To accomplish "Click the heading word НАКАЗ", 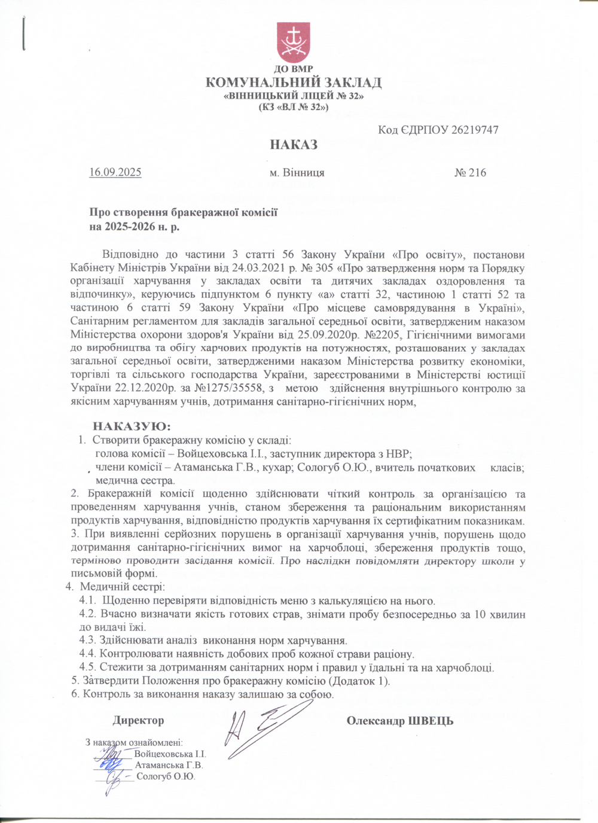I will pyautogui.click(x=293, y=145).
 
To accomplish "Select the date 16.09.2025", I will pyautogui.click(x=115, y=173).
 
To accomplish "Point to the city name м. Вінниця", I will pyautogui.click(x=297, y=173).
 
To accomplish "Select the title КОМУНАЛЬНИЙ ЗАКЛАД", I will pyautogui.click(x=293, y=83).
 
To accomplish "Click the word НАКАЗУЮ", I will pyautogui.click(x=132, y=426).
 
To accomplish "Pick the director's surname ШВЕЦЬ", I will pyautogui.click(x=430, y=721).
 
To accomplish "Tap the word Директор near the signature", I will pyautogui.click(x=138, y=721).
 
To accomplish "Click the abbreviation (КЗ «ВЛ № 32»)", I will pyautogui.click(x=293, y=107).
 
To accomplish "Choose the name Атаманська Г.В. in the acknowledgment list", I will pyautogui.click(x=169, y=765).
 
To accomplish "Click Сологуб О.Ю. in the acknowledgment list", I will pyautogui.click(x=166, y=777).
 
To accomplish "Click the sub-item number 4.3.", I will pyautogui.click(x=87, y=640).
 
